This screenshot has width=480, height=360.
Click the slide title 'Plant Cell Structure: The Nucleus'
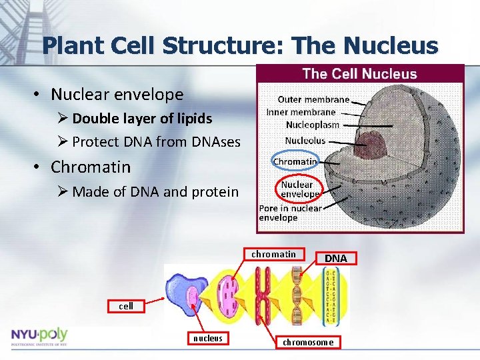(240, 45)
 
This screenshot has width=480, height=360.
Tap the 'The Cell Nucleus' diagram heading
(359, 74)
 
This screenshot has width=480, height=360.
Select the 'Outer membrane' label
(313, 99)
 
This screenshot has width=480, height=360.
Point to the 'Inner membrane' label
(301, 112)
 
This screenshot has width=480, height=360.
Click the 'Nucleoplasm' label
(312, 125)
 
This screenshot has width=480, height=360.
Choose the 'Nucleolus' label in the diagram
(305, 140)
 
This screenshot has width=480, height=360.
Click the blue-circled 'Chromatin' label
(295, 161)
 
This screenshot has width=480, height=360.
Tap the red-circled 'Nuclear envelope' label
(299, 189)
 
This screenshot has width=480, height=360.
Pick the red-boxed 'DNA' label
(335, 258)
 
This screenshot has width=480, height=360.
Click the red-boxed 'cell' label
(125, 306)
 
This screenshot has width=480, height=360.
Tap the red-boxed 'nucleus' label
(207, 339)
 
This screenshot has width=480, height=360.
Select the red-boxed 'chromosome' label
(307, 342)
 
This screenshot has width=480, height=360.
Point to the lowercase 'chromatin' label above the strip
(273, 254)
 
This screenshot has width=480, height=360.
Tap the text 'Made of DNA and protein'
(155, 192)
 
